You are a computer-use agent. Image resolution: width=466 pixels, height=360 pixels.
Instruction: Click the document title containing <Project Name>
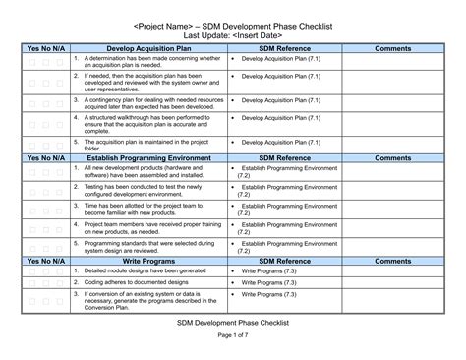tap(233, 21)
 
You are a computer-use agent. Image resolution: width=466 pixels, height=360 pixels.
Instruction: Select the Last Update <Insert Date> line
tap(233, 33)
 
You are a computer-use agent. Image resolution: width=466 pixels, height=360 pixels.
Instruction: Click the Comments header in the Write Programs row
tap(392, 261)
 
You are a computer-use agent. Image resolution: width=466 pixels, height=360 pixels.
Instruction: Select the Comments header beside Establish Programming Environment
tap(392, 157)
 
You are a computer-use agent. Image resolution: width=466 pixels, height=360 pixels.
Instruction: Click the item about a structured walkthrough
tap(147, 124)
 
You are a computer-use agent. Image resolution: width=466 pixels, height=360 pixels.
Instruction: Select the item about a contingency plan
tap(147, 103)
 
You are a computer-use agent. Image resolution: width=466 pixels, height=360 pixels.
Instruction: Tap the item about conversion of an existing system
tap(147, 297)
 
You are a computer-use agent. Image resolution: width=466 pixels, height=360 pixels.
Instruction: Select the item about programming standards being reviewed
tap(147, 246)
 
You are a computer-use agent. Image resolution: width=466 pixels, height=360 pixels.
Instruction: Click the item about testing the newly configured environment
tap(147, 190)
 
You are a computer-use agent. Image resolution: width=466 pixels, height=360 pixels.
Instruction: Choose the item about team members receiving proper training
tap(147, 227)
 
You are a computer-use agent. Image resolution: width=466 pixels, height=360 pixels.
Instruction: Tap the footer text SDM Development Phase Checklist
tap(233, 321)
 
